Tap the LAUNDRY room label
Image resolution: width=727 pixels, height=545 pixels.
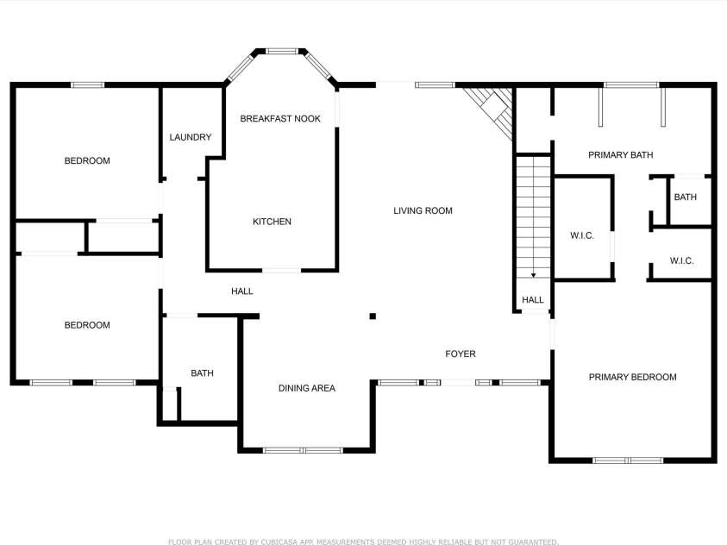tap(190, 137)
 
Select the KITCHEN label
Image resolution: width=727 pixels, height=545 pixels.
tap(272, 222)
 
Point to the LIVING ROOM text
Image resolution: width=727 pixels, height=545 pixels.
tap(423, 211)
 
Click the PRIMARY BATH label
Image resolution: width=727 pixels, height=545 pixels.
tap(620, 155)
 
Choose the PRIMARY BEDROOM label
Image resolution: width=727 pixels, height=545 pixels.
tap(632, 378)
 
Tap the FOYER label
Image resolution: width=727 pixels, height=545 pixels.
tap(460, 354)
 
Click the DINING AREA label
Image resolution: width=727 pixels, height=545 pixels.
tap(306, 389)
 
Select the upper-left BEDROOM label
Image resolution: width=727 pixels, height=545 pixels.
tap(87, 161)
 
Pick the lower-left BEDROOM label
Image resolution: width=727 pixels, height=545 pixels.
tap(87, 326)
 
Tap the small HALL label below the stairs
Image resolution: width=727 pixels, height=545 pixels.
tap(533, 300)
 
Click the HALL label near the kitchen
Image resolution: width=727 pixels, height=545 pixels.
tap(242, 292)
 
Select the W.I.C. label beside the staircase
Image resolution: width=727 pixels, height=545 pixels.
tap(582, 235)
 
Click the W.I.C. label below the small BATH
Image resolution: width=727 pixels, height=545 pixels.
tap(681, 261)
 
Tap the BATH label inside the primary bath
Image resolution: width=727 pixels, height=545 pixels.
tap(685, 197)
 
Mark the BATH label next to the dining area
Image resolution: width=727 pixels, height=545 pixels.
tap(202, 373)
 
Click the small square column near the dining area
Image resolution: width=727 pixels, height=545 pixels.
tap(373, 316)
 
